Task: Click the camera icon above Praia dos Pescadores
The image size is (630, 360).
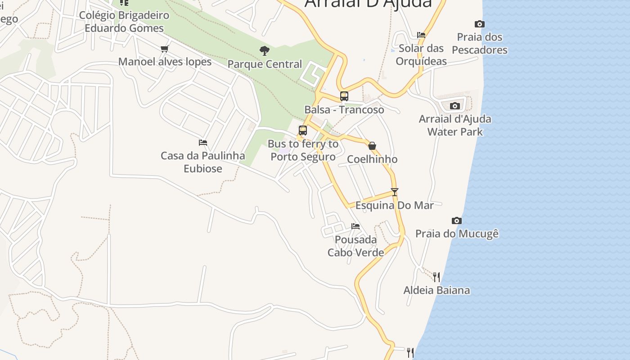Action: point(480,24)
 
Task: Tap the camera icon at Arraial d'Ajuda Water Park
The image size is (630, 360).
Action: point(455,106)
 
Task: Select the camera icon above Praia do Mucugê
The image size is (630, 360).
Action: point(457,220)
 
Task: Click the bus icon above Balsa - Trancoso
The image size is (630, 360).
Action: point(344,96)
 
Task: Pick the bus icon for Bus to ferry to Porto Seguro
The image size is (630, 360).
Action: point(303,130)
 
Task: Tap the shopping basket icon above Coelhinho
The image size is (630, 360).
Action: point(372,146)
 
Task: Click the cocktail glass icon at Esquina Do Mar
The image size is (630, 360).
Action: point(395,192)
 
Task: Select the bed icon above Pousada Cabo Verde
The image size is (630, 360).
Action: point(355,226)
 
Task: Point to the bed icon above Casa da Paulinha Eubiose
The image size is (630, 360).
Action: point(203,143)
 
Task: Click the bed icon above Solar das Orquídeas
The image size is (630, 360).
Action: point(421,35)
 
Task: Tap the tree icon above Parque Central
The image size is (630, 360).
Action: point(265,50)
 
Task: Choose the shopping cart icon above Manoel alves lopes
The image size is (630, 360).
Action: point(164,49)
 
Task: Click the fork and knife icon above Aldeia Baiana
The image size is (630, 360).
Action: point(436,277)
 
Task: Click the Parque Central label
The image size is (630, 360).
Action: point(265,64)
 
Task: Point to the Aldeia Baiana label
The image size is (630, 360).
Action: point(436,290)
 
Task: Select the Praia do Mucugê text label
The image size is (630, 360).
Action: point(457,234)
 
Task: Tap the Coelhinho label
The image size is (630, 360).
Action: point(372,159)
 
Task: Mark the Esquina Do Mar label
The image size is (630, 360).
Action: point(395,206)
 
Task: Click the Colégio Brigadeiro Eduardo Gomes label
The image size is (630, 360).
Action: point(124,22)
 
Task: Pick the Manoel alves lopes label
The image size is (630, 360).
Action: point(165,62)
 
